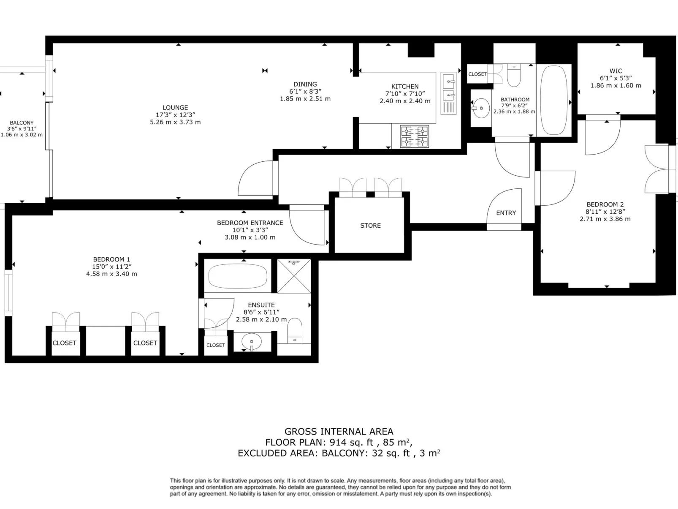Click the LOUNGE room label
pos(175,108)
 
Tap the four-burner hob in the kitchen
pos(414,136)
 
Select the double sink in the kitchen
pos(448,87)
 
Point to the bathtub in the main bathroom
pos(554,100)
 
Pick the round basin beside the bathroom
pos(481,108)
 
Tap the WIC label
pos(616,71)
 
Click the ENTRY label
pos(506,213)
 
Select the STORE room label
pos(370,226)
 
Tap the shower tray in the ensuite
pos(294,276)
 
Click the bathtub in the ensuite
pos(238,276)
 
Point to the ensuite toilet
pos(295,331)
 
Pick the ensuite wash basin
pos(252,340)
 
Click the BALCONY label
pos(22,123)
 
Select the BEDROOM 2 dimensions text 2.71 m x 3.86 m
pos(605,219)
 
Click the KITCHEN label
pos(405,87)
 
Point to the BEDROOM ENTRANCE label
pos(250,223)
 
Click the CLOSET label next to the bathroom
pos(477,74)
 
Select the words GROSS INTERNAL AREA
pos(339,431)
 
